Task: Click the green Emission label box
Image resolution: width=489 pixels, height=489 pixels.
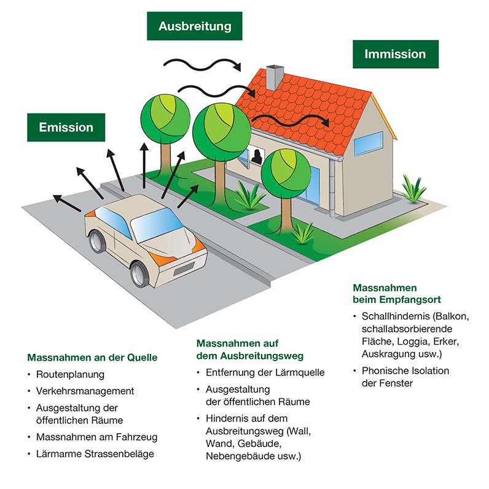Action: [x=66, y=128]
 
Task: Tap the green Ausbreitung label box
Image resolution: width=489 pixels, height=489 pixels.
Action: [x=194, y=26]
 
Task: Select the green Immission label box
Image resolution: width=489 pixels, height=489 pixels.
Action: [x=395, y=54]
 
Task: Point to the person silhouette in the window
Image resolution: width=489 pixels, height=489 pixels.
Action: [x=256, y=157]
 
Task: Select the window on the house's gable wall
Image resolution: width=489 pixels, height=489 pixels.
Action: [x=374, y=143]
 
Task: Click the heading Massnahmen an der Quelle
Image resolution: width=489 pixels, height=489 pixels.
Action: [x=92, y=357]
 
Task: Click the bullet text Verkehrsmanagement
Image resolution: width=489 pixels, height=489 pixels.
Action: [x=84, y=391]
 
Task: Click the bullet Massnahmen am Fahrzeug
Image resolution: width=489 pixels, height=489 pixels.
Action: [x=96, y=437]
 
